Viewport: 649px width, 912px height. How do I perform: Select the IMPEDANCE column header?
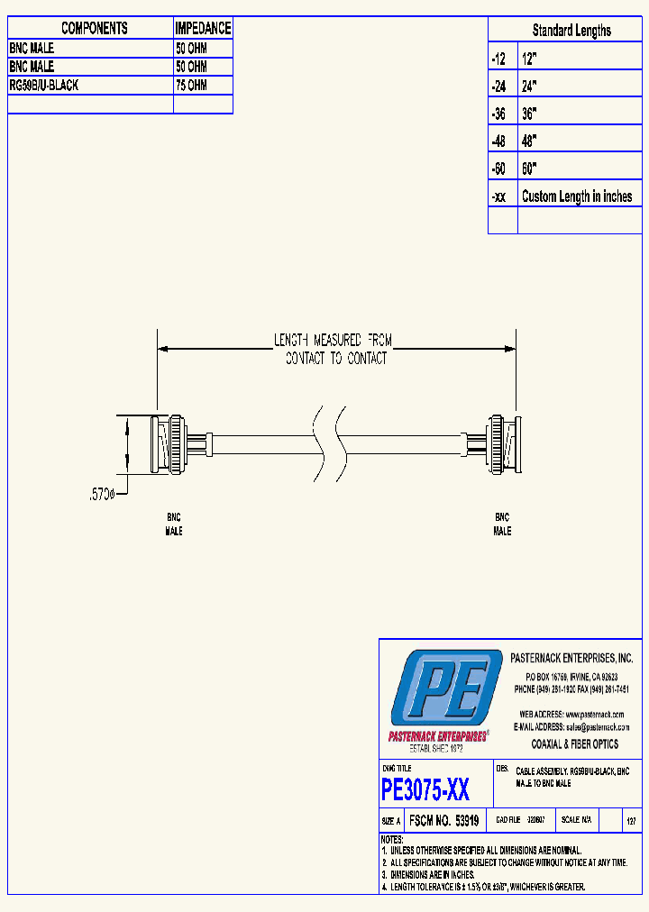coord(203,29)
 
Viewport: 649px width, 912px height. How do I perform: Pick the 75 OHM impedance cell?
coord(191,85)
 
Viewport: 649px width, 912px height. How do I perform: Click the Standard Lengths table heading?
coord(571,31)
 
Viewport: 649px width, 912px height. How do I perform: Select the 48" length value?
coord(530,141)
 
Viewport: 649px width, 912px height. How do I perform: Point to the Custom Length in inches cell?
coord(577,196)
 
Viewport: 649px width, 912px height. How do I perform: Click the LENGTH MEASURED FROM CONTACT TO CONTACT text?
coord(334,349)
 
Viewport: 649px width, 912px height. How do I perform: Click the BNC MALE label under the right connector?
coord(502,524)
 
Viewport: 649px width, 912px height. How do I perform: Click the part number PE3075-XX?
coord(425,790)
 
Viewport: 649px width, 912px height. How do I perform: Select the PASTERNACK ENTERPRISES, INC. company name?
coord(572,659)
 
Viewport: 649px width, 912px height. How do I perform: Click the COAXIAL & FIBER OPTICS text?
coord(575,744)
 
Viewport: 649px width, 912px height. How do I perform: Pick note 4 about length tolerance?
coord(483,887)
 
